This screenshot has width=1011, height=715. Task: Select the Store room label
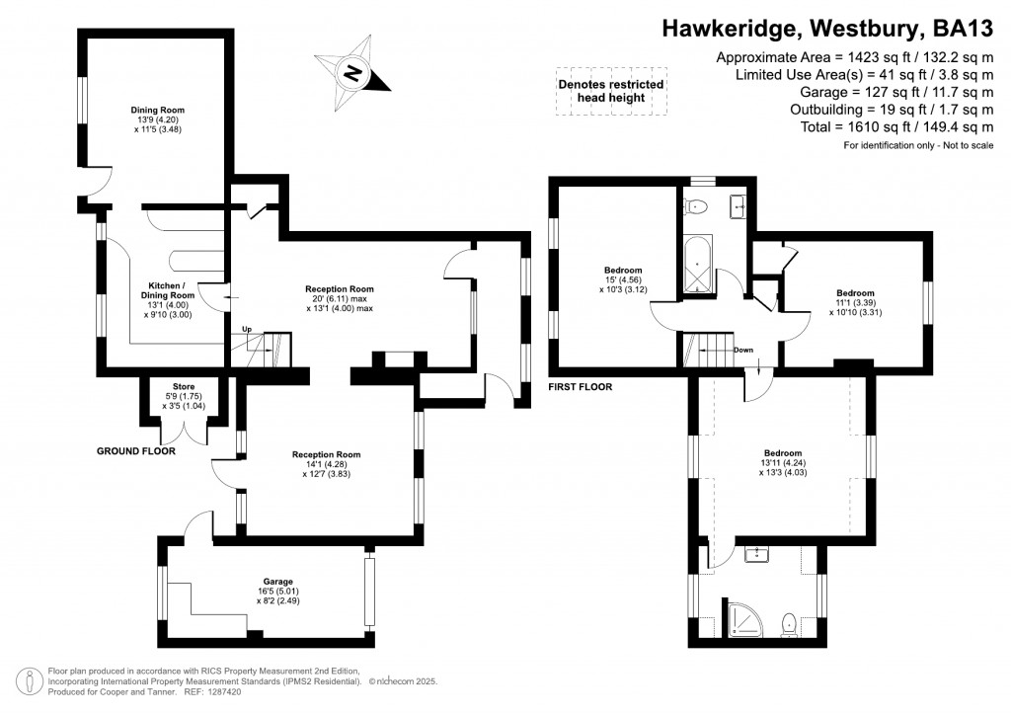[184, 395]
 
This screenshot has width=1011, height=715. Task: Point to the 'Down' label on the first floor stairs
[743, 350]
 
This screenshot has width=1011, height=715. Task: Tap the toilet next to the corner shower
[788, 624]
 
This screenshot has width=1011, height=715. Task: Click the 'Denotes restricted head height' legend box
[609, 92]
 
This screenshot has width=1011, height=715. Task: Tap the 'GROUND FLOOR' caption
[135, 451]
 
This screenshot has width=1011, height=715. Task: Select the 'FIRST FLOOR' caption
[580, 387]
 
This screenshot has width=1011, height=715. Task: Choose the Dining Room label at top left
[158, 119]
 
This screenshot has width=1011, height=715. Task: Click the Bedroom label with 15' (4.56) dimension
[623, 280]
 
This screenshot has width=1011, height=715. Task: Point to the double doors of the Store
[184, 433]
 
